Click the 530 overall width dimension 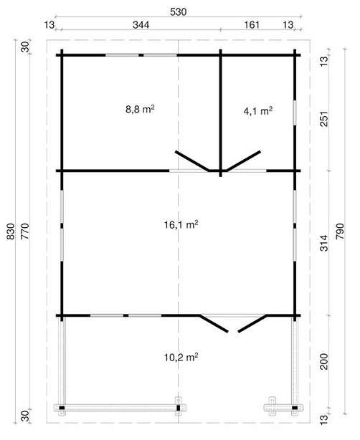pyautogui.click(x=178, y=11)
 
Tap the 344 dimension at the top pyautogui.click(x=141, y=25)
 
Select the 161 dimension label pyautogui.click(x=252, y=25)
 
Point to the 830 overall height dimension pyautogui.click(x=10, y=231)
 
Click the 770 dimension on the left pyautogui.click(x=25, y=231)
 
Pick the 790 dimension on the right pyautogui.click(x=339, y=231)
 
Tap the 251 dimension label pyautogui.click(x=323, y=119)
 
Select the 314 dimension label pyautogui.click(x=323, y=243)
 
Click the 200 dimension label pyautogui.click(x=323, y=361)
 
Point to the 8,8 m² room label pyautogui.click(x=140, y=109)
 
